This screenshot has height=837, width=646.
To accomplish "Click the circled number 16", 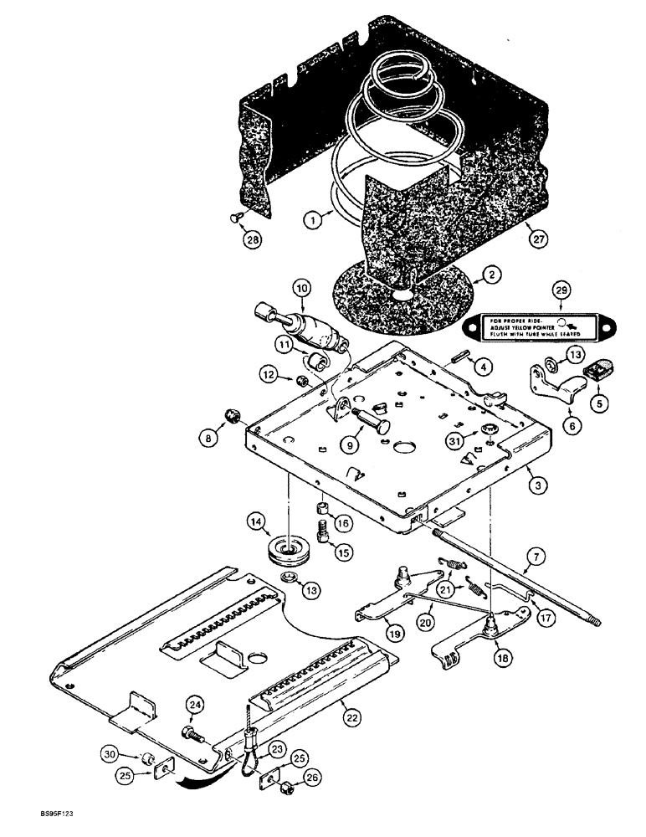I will [342, 523].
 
